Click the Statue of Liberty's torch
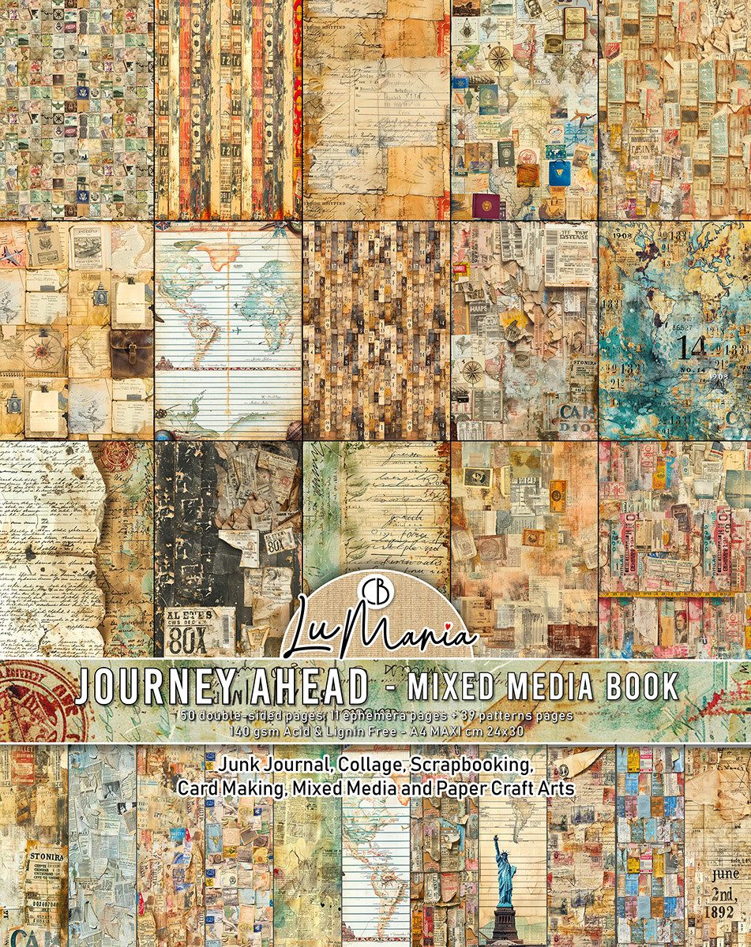pyautogui.click(x=495, y=838)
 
